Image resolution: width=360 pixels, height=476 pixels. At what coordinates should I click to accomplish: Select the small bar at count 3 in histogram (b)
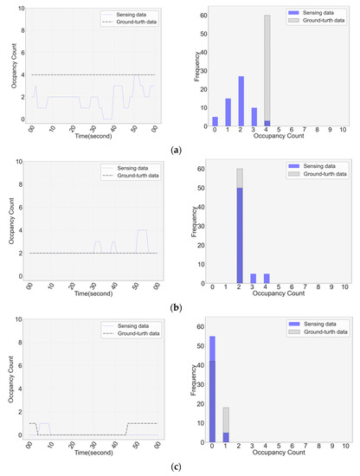pyautogui.click(x=254, y=278)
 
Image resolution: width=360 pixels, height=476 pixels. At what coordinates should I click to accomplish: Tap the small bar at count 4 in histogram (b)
pyautogui.click(x=267, y=278)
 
